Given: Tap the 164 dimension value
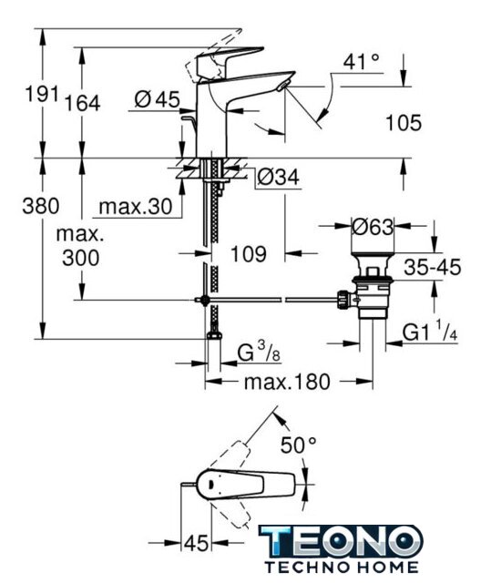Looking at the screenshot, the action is pos(83,103).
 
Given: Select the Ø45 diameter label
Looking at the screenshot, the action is pos(158,99).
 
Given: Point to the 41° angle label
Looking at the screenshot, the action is pos(361,61).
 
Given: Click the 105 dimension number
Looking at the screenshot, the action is pos(404,123).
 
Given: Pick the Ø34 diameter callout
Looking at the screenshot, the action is pos(278,177).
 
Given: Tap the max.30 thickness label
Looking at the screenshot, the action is pos(136,207).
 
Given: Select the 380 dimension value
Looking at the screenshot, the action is pos(41,206).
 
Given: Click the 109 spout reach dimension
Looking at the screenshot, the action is pos(249,254).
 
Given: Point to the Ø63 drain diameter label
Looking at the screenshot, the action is pos(372,227).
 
